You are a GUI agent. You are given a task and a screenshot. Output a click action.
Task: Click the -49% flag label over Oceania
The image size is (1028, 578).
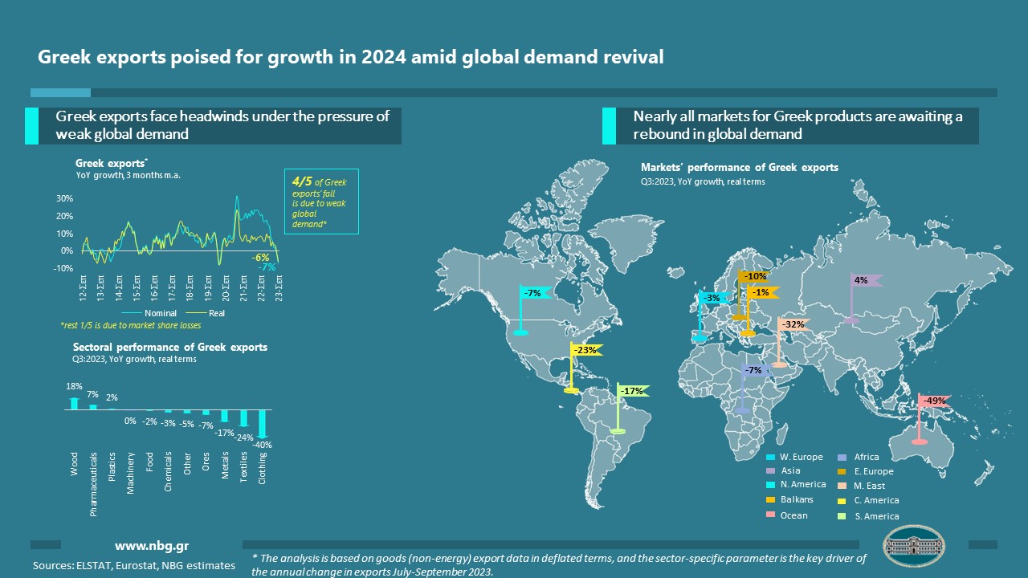click(x=934, y=401)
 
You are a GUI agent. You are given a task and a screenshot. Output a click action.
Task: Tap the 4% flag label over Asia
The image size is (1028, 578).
click(x=861, y=281)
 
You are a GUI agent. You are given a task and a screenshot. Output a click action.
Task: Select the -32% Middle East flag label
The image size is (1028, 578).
click(x=793, y=324)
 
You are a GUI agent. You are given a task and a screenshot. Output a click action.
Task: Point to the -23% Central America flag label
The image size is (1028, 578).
click(x=586, y=350)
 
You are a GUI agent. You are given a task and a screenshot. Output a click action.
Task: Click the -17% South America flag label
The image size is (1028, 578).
click(x=633, y=392)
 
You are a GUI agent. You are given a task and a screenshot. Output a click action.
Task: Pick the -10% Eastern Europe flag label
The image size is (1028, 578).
click(x=755, y=277)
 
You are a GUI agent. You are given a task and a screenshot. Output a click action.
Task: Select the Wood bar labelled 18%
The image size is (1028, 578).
click(x=75, y=404)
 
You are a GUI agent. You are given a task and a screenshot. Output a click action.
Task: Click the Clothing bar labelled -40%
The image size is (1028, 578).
click(x=263, y=422)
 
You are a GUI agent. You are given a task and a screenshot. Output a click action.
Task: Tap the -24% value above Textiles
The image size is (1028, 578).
click(x=243, y=438)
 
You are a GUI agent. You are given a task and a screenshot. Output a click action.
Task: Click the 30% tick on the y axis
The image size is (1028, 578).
click(x=65, y=198)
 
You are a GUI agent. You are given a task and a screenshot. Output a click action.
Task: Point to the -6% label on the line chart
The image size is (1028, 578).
click(x=261, y=258)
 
